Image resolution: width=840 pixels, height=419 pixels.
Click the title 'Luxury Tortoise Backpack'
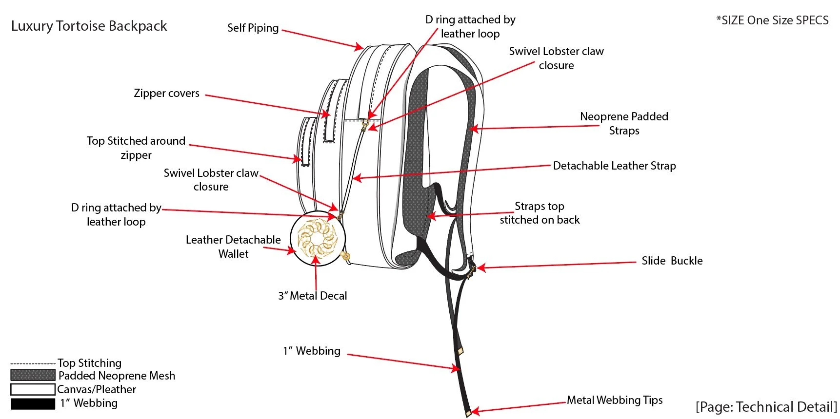pyautogui.click(x=89, y=26)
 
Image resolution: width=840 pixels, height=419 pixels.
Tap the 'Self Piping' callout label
pyautogui.click(x=253, y=28)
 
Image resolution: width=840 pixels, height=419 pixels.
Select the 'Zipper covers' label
pyautogui.click(x=166, y=93)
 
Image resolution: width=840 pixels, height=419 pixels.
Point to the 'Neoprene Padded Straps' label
pyautogui.click(x=624, y=123)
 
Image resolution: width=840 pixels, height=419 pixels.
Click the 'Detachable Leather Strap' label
pyautogui.click(x=614, y=166)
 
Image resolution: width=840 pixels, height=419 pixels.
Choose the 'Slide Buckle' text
pyautogui.click(x=672, y=261)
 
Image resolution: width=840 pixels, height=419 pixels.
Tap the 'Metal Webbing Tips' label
pyautogui.click(x=614, y=400)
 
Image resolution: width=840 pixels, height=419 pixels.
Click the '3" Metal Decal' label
pyautogui.click(x=312, y=296)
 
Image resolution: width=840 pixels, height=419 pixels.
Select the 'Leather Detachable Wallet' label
pyautogui.click(x=233, y=247)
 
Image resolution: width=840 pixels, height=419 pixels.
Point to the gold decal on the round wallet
pyautogui.click(x=317, y=238)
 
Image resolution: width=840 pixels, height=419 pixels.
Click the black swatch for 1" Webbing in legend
pyautogui.click(x=33, y=403)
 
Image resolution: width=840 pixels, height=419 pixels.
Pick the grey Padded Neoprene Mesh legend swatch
pyautogui.click(x=33, y=375)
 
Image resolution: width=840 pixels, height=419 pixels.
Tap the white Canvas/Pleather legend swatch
pyautogui.click(x=33, y=389)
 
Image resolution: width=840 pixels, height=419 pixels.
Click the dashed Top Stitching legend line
pyautogui.click(x=33, y=363)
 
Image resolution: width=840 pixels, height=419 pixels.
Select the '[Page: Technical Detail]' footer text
pyautogui.click(x=766, y=407)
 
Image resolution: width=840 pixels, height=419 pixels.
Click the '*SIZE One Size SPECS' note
pyautogui.click(x=772, y=20)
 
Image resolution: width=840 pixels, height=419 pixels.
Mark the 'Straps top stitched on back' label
pyautogui.click(x=540, y=213)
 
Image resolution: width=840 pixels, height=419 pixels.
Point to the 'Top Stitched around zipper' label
pyautogui.click(x=136, y=148)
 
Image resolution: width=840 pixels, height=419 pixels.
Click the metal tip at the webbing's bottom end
pyautogui.click(x=468, y=413)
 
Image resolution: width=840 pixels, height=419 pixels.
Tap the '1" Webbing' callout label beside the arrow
pyautogui.click(x=312, y=351)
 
